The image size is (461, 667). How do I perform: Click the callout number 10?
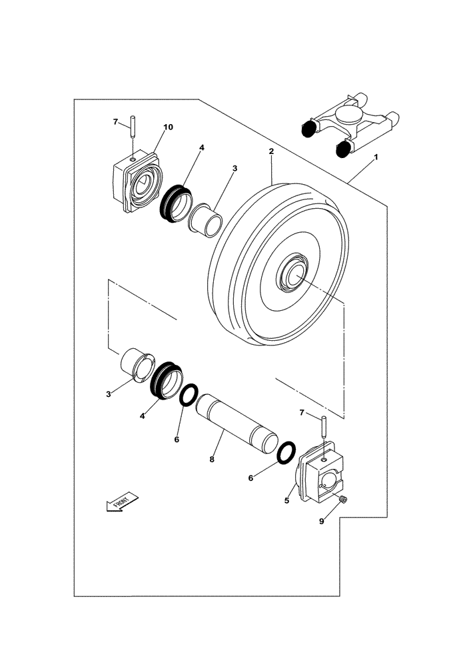tap(168, 127)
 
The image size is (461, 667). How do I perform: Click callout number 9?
tap(321, 522)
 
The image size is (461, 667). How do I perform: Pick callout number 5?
tap(287, 500)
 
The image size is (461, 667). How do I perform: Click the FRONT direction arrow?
tap(121, 502)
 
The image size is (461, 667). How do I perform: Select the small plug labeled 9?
tap(342, 500)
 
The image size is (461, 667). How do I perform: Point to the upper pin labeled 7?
tap(133, 127)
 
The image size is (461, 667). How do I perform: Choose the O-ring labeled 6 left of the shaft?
tap(189, 395)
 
